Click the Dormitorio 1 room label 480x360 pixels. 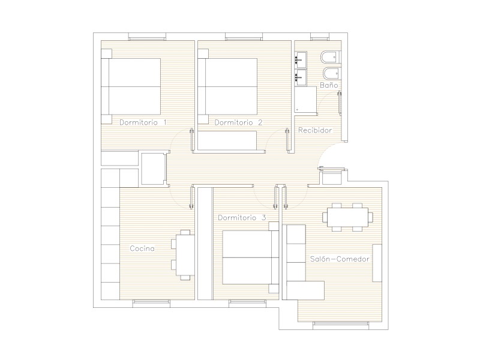click(143, 122)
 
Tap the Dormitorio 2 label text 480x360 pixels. click(238, 122)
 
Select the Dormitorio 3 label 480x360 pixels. click(242, 218)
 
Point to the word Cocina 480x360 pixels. click(142, 248)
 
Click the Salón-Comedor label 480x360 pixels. click(340, 259)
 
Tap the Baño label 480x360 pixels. click(329, 85)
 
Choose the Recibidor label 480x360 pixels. click(315, 130)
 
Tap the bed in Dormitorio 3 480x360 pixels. click(251, 257)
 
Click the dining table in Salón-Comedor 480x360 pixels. click(348, 217)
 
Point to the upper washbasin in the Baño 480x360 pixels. click(301, 59)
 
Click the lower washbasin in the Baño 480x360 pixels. click(301, 77)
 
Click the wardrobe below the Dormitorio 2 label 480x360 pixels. click(227, 140)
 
